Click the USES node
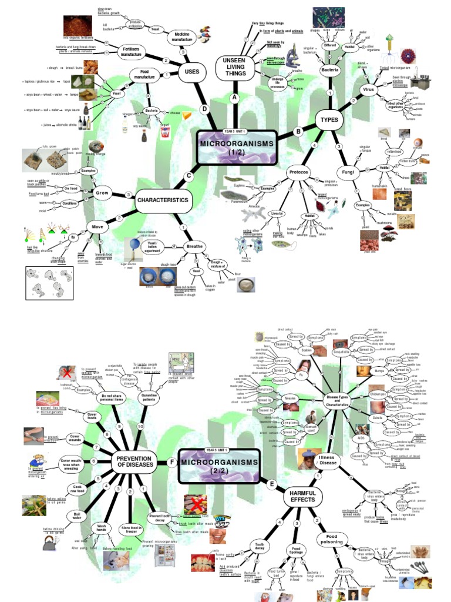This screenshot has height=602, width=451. (192, 72)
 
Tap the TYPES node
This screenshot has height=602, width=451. (330, 120)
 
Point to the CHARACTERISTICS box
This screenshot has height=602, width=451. (163, 200)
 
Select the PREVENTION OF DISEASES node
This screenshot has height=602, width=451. (134, 462)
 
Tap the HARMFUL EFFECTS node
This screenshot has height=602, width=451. (302, 496)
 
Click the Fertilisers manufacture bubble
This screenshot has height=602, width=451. (132, 51)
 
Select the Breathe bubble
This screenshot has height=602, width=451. (194, 246)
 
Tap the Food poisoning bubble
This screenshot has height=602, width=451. (333, 540)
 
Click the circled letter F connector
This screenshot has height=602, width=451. (172, 462)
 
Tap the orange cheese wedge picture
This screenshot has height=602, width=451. (187, 116)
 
